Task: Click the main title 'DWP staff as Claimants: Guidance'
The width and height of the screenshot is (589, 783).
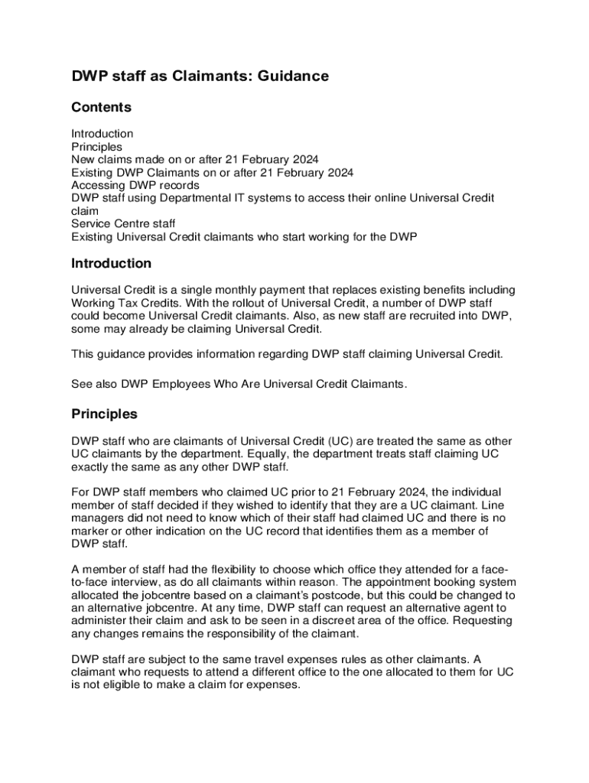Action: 200,76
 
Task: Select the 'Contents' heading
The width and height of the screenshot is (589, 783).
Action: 101,107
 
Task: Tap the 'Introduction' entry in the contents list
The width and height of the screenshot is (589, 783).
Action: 103,134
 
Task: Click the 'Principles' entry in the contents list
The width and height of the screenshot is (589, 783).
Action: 96,146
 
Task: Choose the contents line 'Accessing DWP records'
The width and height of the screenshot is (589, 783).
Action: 135,185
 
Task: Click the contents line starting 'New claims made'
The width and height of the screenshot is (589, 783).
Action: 195,159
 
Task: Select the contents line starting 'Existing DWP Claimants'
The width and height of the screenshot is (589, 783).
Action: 213,172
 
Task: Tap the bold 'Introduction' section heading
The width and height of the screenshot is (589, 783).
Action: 111,264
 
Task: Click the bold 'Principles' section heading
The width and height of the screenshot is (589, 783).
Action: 104,414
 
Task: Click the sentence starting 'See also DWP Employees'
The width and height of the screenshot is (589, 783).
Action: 239,384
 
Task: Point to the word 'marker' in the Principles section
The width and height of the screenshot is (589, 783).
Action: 91,531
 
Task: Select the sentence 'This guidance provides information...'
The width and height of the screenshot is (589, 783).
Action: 288,354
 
